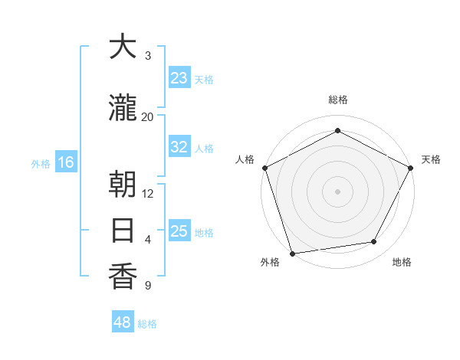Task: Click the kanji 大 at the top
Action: pyautogui.click(x=123, y=47)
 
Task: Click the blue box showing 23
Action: pyautogui.click(x=179, y=78)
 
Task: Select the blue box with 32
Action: pyautogui.click(x=179, y=147)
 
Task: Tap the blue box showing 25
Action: pyautogui.click(x=179, y=231)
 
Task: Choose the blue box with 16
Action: pyautogui.click(x=66, y=162)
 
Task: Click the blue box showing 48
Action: pyautogui.click(x=123, y=322)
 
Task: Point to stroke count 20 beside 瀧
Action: pyautogui.click(x=148, y=116)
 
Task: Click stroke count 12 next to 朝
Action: pyautogui.click(x=148, y=193)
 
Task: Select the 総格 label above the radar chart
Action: pyautogui.click(x=337, y=100)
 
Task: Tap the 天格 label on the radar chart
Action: pyautogui.click(x=432, y=159)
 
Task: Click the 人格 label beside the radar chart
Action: pyautogui.click(x=245, y=159)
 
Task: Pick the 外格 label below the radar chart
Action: pyautogui.click(x=270, y=262)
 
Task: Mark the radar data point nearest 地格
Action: pyautogui.click(x=374, y=242)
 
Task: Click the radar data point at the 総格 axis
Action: pyautogui.click(x=337, y=130)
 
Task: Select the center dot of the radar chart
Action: pyautogui.click(x=337, y=191)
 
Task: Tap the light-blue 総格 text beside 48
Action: pyautogui.click(x=147, y=324)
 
